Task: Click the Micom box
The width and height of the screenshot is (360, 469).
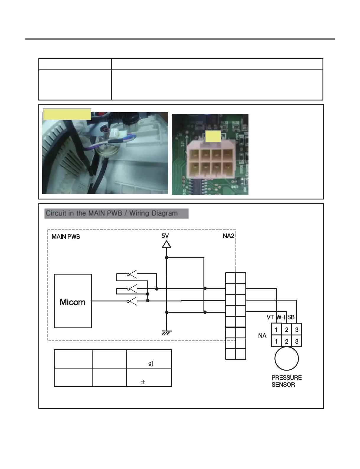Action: pos(73,301)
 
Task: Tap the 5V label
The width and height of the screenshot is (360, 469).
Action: pos(165,236)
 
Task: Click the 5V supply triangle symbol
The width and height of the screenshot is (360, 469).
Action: pos(167,244)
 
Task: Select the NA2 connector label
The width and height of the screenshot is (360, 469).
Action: pos(228,236)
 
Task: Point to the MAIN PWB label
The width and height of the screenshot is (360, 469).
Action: pos(66,237)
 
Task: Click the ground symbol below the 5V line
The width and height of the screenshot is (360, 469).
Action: pos(167,333)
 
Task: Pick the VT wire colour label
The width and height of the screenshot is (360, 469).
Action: pos(270,317)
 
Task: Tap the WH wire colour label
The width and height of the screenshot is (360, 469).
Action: pos(281,317)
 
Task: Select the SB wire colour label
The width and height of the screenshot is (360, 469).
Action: pos(291,317)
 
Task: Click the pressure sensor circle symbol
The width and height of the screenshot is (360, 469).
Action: pos(286,358)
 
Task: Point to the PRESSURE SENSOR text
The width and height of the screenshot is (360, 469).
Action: pos(286,381)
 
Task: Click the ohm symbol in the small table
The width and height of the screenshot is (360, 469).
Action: pos(151,363)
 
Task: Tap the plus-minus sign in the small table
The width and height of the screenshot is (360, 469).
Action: pos(143,382)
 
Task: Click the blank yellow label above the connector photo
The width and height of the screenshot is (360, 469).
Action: pos(213,136)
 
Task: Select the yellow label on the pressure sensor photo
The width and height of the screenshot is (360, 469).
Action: pos(67,114)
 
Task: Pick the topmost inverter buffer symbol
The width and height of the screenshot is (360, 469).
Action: pos(133,274)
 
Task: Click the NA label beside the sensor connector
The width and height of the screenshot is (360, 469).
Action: pos(262,336)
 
